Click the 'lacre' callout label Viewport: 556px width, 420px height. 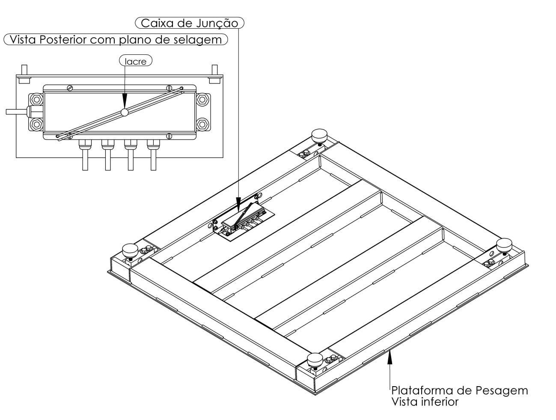[x=136, y=61]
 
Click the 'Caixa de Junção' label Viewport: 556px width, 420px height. [x=190, y=23]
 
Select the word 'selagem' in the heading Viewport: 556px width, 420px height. [x=201, y=40]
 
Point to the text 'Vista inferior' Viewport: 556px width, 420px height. [x=425, y=402]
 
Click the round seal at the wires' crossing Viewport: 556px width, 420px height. [x=125, y=112]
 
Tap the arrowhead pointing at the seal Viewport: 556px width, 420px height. [x=125, y=101]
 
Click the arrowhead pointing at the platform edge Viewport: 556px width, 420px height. [x=390, y=357]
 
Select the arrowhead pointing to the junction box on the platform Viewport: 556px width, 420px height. [x=238, y=205]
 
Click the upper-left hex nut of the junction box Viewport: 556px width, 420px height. [x=36, y=99]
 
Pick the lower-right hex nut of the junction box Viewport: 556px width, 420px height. [x=202, y=125]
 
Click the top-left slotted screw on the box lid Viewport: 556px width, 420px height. [x=70, y=88]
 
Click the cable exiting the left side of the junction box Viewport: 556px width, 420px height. [x=16, y=111]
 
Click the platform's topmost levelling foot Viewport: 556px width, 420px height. [x=319, y=137]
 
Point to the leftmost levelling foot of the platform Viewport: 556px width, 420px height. [x=130, y=251]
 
